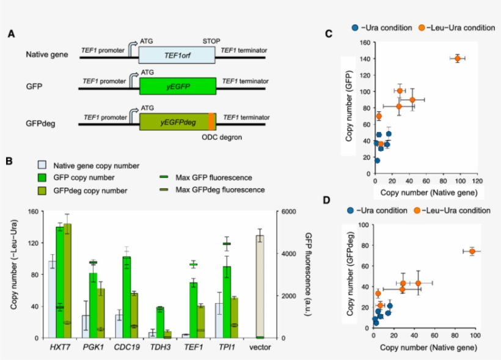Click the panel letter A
pos(11,35)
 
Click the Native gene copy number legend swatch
pos(42,165)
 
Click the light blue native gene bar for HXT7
pos(52,299)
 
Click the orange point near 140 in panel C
pos(457,58)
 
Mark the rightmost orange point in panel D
pos(472,251)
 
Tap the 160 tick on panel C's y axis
pos(365,43)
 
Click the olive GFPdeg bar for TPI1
pos(234,317)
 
